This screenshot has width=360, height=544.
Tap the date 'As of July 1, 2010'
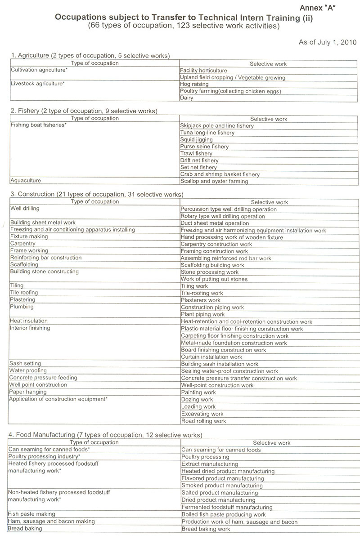click(328, 42)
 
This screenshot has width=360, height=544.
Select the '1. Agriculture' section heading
click(90, 56)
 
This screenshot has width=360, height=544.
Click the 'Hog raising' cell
click(194, 84)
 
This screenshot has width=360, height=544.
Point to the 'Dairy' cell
click(187, 98)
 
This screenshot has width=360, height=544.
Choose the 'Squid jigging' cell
click(197, 140)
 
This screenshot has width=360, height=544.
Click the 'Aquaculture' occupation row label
click(26, 181)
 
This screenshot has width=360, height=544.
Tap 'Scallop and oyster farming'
click(214, 181)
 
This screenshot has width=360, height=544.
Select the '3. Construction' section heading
click(96, 195)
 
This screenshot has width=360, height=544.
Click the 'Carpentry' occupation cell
click(23, 244)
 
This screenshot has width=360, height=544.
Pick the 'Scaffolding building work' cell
click(212, 265)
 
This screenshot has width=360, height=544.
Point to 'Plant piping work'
click(202, 314)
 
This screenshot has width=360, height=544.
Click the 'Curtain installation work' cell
click(211, 357)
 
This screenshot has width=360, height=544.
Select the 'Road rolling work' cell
click(203, 421)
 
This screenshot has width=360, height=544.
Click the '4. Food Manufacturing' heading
click(105, 435)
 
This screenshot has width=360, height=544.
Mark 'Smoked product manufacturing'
click(222, 486)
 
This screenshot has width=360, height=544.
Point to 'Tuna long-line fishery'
click(207, 133)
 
